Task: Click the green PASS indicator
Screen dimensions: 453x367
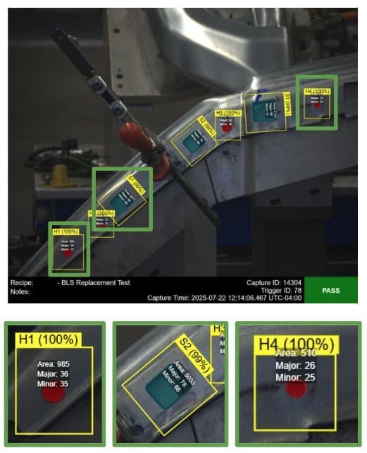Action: pos(330,289)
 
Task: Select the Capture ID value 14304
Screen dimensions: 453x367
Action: pos(291,282)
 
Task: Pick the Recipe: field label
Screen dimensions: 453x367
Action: pos(22,282)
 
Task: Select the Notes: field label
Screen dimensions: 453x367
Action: pos(20,290)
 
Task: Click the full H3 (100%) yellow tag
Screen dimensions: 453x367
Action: pos(228,113)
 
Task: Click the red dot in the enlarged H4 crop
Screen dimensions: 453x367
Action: pos(297,389)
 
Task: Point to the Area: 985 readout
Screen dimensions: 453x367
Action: pos(53,364)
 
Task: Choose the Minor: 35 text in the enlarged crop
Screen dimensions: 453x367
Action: pos(53,384)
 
